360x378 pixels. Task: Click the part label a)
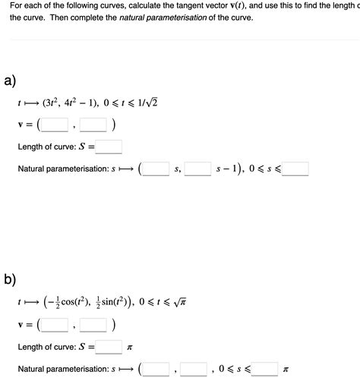(10, 80)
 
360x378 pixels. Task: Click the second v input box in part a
(93, 124)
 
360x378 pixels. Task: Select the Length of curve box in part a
(109, 147)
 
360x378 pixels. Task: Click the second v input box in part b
(93, 325)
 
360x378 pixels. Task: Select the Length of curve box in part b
(109, 348)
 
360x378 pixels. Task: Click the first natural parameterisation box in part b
(156, 370)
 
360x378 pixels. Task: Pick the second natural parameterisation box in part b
(194, 370)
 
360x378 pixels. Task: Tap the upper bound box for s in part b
(266, 370)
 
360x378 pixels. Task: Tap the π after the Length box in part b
(130, 348)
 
